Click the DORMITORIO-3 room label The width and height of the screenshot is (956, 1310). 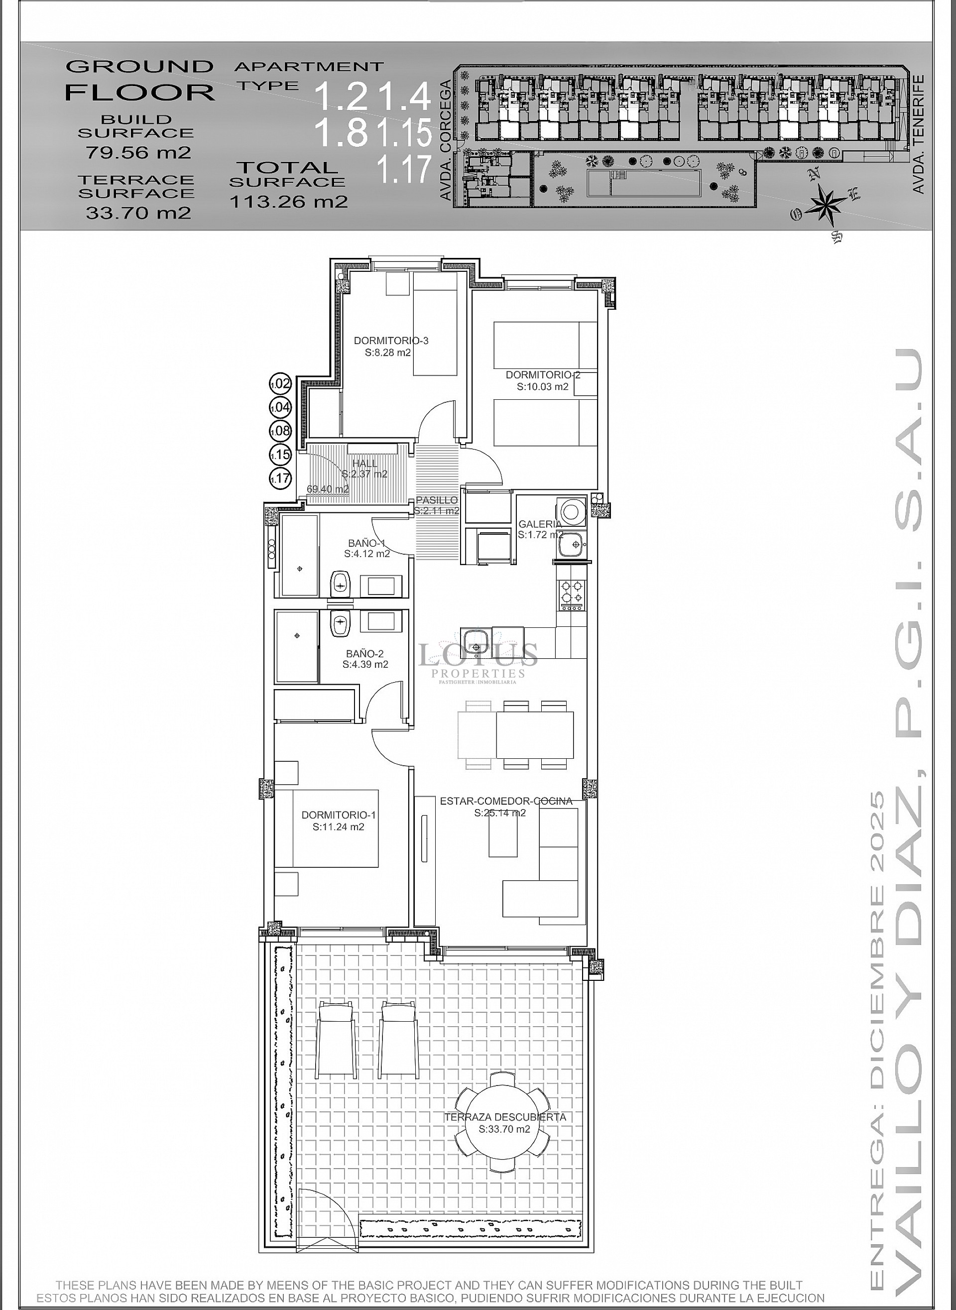[x=391, y=340]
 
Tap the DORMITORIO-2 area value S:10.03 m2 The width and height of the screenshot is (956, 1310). [x=542, y=387]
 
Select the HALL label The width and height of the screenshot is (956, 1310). [x=364, y=463]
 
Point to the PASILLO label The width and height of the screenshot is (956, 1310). [x=437, y=500]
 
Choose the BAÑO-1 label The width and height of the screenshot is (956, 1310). [x=366, y=543]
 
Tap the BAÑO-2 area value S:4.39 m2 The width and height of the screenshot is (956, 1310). [x=365, y=664]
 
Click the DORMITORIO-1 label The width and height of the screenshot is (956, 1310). [x=339, y=815]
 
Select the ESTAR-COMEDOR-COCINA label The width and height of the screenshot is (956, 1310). [x=506, y=802]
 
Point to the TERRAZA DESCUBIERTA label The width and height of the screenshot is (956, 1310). [x=504, y=1117]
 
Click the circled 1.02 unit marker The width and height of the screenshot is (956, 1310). [x=281, y=383]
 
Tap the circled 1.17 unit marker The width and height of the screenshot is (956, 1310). [x=281, y=478]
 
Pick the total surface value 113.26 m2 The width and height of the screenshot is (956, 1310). [x=288, y=201]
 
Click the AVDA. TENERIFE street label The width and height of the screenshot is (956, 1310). [x=918, y=134]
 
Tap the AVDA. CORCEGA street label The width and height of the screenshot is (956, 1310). [x=446, y=140]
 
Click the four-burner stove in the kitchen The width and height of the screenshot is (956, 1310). [x=571, y=593]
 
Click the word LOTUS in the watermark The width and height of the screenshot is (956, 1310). [x=478, y=655]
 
